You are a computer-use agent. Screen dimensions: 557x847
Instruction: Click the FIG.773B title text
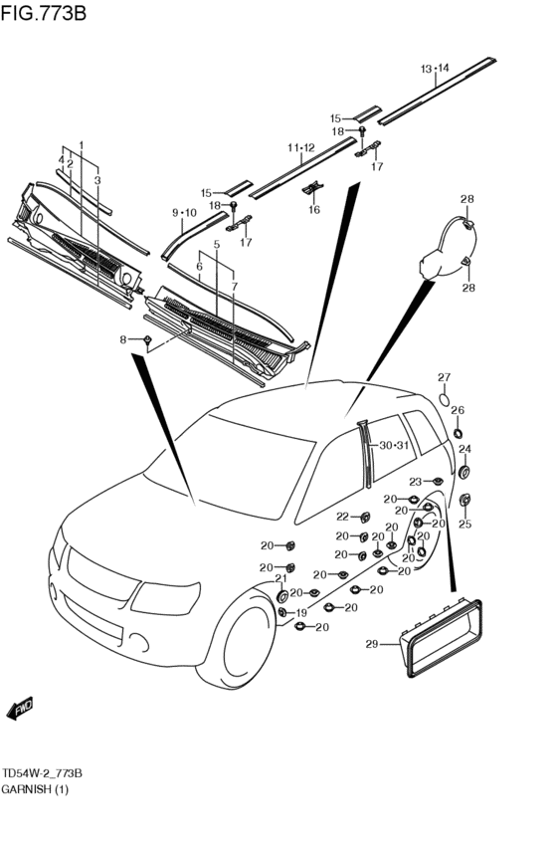(x=43, y=12)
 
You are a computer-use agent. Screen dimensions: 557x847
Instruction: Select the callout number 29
(x=372, y=644)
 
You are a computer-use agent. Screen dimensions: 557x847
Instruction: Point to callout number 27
(x=444, y=377)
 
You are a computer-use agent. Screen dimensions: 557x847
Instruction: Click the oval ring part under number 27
(x=444, y=400)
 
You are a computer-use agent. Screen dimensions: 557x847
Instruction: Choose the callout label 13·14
(x=435, y=69)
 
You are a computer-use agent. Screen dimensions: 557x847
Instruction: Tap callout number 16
(x=314, y=210)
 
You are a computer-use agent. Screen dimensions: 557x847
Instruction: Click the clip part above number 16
(x=312, y=188)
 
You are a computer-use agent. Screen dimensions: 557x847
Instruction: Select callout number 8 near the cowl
(x=123, y=339)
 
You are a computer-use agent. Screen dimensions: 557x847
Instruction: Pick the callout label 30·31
(x=394, y=446)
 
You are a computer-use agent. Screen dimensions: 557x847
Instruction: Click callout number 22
(x=343, y=517)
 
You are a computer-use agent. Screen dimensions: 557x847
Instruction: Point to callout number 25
(x=465, y=524)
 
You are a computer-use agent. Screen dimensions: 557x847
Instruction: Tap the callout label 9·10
(x=185, y=213)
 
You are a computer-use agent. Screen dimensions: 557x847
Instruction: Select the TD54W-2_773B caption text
(x=42, y=773)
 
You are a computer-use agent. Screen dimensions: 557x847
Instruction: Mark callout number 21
(x=280, y=578)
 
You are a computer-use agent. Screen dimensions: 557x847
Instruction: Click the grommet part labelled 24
(x=464, y=472)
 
